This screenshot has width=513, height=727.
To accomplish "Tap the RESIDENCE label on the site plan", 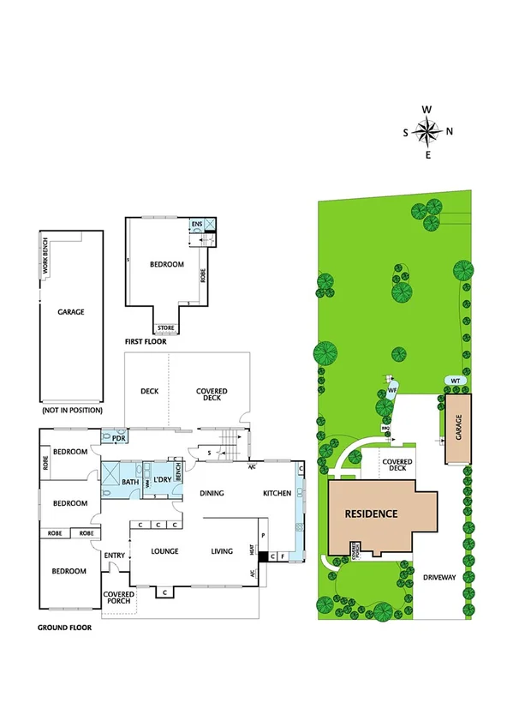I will (372, 514).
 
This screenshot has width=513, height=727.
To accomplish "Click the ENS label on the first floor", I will (196, 225).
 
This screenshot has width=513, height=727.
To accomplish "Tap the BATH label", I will (129, 482).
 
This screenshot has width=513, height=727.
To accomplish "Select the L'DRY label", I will (163, 478).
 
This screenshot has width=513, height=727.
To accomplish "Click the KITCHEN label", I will (277, 493).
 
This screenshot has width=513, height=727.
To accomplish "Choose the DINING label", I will (212, 493).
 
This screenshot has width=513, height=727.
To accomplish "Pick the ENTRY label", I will (115, 556).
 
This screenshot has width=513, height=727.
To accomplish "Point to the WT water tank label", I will (456, 380).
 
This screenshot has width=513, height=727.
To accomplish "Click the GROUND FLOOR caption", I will (64, 627).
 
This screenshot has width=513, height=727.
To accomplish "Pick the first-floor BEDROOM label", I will (167, 265).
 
